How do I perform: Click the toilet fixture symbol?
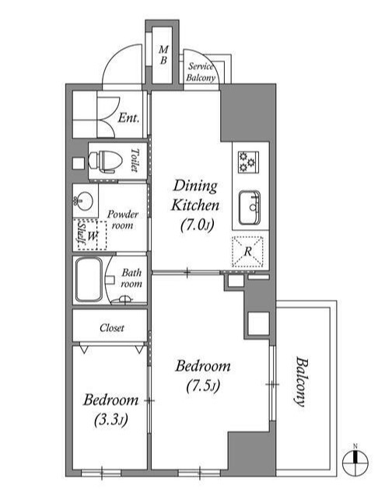105,161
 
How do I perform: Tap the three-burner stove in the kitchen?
248,162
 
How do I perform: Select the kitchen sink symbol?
250,208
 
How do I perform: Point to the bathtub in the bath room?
89,280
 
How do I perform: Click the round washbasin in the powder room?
83,201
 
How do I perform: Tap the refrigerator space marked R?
247,251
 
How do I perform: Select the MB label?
163,55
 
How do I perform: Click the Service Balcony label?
201,72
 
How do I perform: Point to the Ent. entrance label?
128,118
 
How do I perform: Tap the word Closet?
112,328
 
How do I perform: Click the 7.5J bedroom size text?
203,386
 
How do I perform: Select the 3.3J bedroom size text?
111,420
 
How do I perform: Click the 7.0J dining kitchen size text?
198,225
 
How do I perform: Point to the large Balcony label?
301,382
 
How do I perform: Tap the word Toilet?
135,160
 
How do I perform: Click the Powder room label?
123,220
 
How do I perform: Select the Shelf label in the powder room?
82,233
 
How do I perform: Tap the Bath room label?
131,278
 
